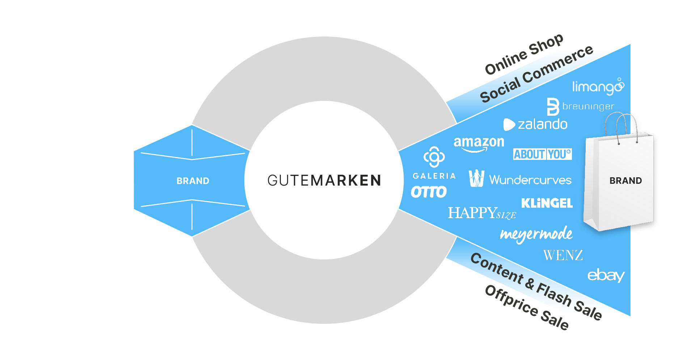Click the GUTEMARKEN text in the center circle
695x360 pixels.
(324, 180)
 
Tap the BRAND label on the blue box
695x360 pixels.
(193, 181)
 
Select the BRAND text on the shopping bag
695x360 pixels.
(625, 181)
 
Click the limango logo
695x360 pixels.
(598, 86)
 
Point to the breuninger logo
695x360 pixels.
(580, 106)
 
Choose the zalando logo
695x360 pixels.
(535, 124)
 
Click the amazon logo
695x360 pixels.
(479, 144)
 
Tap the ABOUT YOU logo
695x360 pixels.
(542, 154)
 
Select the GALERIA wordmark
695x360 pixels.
(434, 176)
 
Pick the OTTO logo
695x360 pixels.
(429, 192)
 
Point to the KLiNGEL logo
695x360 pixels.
(547, 203)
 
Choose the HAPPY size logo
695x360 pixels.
(482, 213)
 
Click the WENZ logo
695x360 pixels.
(563, 255)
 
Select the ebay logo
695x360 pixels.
(606, 276)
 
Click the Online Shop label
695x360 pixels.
(524, 54)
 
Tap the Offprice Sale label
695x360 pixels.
(527, 307)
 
